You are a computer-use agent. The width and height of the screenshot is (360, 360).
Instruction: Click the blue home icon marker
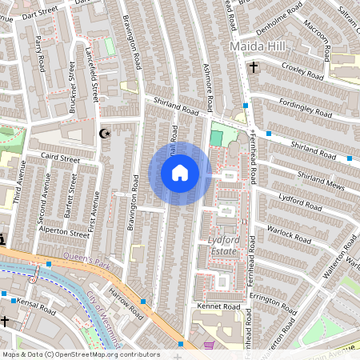(180, 173)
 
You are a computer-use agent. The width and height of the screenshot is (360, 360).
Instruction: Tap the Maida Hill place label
(257, 48)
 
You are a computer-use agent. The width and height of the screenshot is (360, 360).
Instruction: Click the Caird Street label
(61, 159)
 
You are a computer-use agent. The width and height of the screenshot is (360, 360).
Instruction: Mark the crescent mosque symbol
(102, 134)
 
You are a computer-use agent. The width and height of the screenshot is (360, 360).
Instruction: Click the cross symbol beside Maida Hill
(253, 68)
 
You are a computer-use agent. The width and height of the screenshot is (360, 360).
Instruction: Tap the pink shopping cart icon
(210, 346)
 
